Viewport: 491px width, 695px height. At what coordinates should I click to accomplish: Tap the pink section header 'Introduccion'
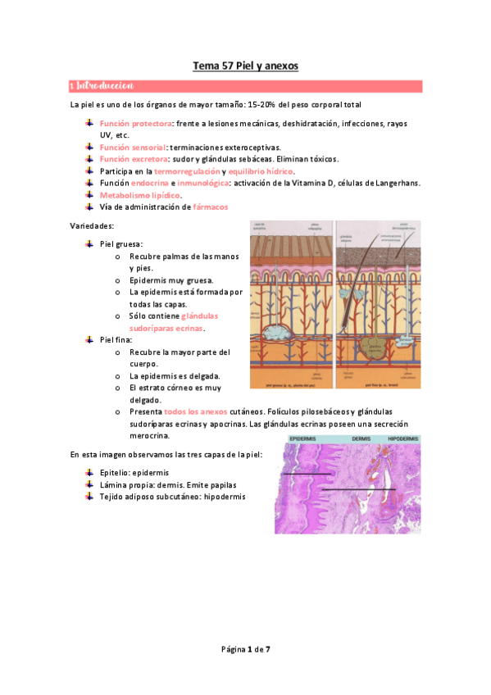point(106,85)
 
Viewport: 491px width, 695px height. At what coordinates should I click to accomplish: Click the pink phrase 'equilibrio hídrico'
point(261,170)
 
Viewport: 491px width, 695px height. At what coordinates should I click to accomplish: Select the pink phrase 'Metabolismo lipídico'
point(139,195)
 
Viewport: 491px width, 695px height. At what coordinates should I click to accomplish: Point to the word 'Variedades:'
point(93,225)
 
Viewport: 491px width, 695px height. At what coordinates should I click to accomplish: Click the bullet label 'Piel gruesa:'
point(121,244)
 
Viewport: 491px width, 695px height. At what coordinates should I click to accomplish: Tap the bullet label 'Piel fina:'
point(116,339)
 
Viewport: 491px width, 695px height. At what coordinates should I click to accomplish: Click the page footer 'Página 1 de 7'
point(245,649)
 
